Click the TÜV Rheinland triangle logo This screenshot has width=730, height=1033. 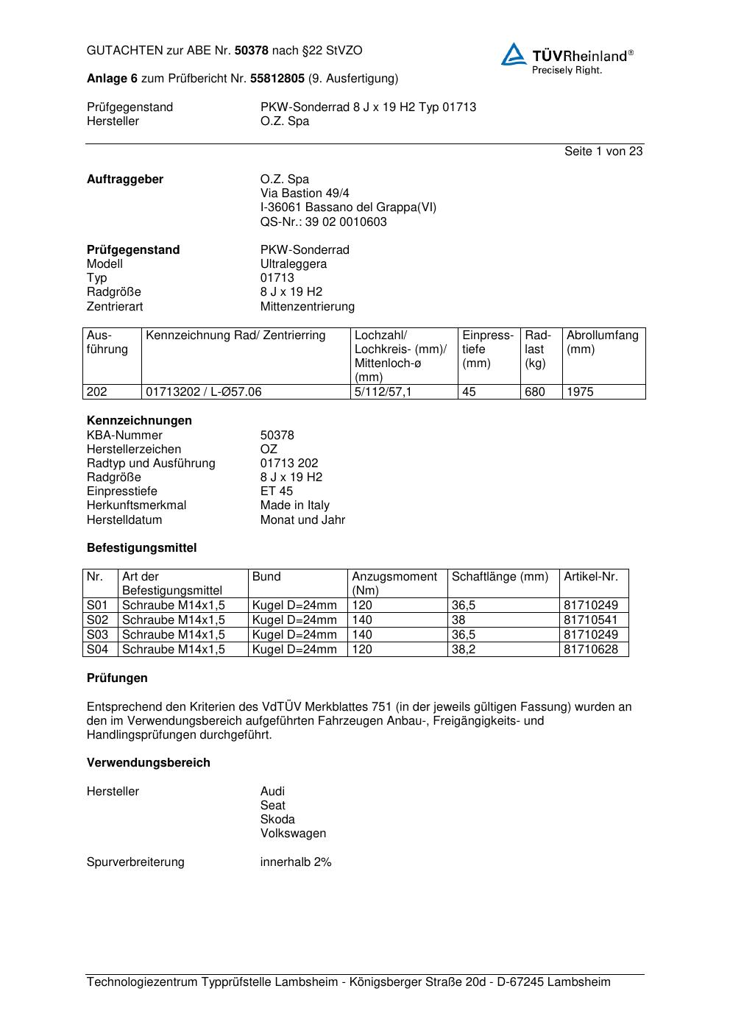514,54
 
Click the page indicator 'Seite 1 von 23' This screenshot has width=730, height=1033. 603,152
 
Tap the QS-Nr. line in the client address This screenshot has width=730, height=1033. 323,222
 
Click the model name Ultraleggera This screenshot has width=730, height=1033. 293,264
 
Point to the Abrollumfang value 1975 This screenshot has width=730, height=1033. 580,392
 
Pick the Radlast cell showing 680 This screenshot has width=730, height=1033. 535,392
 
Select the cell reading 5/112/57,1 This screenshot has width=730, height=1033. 383,392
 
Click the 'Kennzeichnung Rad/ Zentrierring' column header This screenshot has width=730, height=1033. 235,336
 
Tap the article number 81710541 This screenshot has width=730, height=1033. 591,620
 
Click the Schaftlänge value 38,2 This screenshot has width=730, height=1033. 465,650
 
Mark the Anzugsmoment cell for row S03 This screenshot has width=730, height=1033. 362,635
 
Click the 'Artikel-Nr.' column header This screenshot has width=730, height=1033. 591,577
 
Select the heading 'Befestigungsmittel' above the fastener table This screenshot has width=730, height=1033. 141,548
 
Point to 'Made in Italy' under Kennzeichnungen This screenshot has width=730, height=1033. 294,505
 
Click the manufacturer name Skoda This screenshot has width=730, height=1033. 277,820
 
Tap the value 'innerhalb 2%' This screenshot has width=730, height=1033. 296,862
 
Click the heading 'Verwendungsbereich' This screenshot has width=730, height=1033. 148,763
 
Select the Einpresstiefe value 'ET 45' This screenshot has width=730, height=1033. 276,491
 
